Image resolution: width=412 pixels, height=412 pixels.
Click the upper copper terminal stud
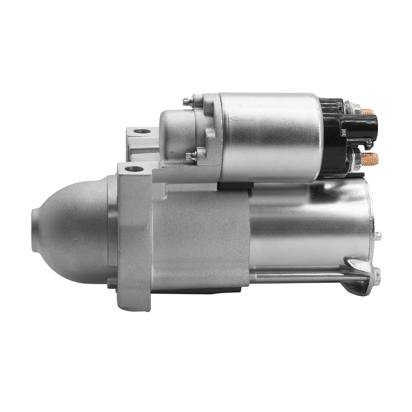pyautogui.click(x=367, y=111)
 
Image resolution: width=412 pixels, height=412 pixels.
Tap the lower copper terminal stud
pyautogui.click(x=369, y=158)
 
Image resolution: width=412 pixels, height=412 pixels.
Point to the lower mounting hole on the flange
pyautogui.click(x=134, y=169)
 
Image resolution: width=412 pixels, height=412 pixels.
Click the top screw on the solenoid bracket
pyautogui.click(x=187, y=102)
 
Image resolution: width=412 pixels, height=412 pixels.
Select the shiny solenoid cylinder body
pyautogui.click(x=270, y=136)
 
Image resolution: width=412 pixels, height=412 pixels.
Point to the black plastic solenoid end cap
pyautogui.click(x=332, y=136)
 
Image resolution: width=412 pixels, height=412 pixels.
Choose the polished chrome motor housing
pyautogui.click(x=309, y=221)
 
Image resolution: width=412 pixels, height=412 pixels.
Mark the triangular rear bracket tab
pyautogui.click(x=360, y=273)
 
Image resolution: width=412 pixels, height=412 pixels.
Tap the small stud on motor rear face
pyautogui.click(x=378, y=236)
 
